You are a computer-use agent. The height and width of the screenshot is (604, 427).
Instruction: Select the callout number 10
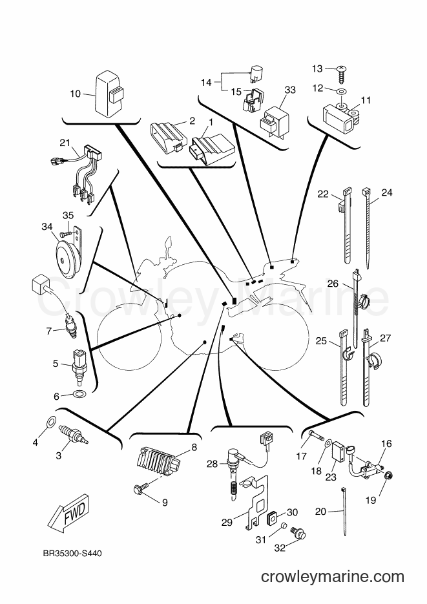pos(76,93)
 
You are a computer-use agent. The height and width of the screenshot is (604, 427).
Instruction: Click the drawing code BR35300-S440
pos(72,554)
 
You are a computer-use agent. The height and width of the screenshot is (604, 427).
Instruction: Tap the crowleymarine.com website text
pos(333,577)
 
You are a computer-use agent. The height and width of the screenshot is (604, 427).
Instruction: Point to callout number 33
pos(290,90)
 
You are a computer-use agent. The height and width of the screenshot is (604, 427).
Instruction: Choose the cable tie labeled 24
pos(368,229)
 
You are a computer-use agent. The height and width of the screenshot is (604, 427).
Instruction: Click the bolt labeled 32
pos(299,533)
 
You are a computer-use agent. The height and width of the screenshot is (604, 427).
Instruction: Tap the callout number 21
pos(65,143)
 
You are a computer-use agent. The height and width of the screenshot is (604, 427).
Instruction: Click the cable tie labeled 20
pos(343,511)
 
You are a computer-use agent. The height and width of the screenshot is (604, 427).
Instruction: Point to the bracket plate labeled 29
pos(257,501)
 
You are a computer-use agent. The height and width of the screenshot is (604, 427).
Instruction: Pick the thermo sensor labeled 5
pos(79,366)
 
